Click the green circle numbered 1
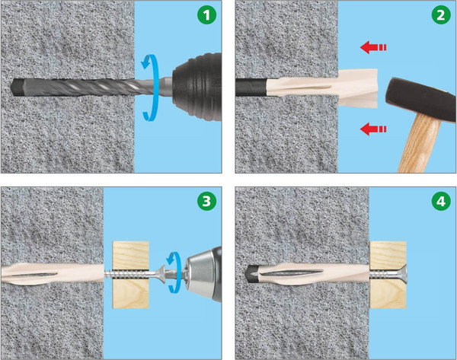[206, 14]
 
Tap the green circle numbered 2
[441, 14]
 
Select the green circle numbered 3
[206, 201]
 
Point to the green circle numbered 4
[441, 201]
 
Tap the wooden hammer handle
[421, 144]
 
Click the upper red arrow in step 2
[373, 47]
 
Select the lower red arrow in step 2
[373, 129]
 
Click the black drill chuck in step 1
[197, 87]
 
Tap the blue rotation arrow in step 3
[175, 272]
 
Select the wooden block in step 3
[131, 275]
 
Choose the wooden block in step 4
[388, 275]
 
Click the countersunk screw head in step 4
[403, 274]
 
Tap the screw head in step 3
[161, 274]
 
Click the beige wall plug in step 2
[322, 88]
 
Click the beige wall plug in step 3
[53, 274]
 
